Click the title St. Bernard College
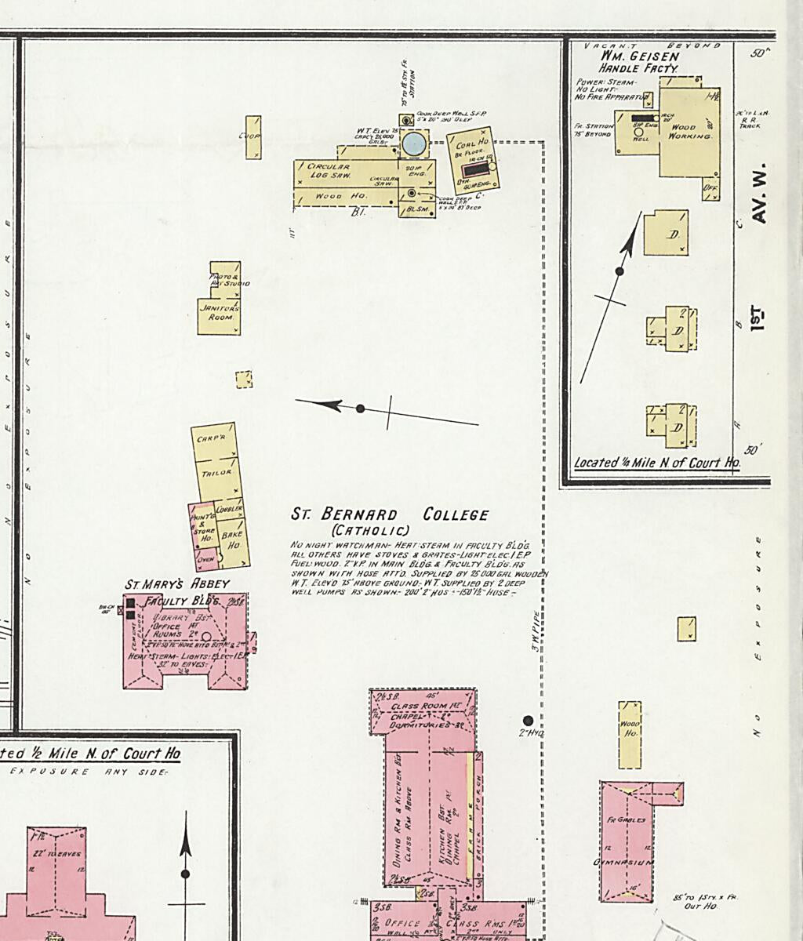pyautogui.click(x=390, y=515)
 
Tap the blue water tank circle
pyautogui.click(x=413, y=144)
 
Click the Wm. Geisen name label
pyautogui.click(x=639, y=56)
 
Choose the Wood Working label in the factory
pyautogui.click(x=689, y=132)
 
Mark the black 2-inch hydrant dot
pyautogui.click(x=528, y=721)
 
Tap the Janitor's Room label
pyautogui.click(x=219, y=312)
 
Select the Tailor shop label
pyautogui.click(x=216, y=473)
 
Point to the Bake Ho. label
pyautogui.click(x=232, y=540)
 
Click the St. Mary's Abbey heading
pyautogui.click(x=177, y=584)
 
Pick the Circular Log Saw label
pyautogui.click(x=328, y=171)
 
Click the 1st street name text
pyautogui.click(x=758, y=318)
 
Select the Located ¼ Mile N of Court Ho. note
pyautogui.click(x=657, y=463)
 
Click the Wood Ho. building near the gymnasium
pyautogui.click(x=630, y=734)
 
